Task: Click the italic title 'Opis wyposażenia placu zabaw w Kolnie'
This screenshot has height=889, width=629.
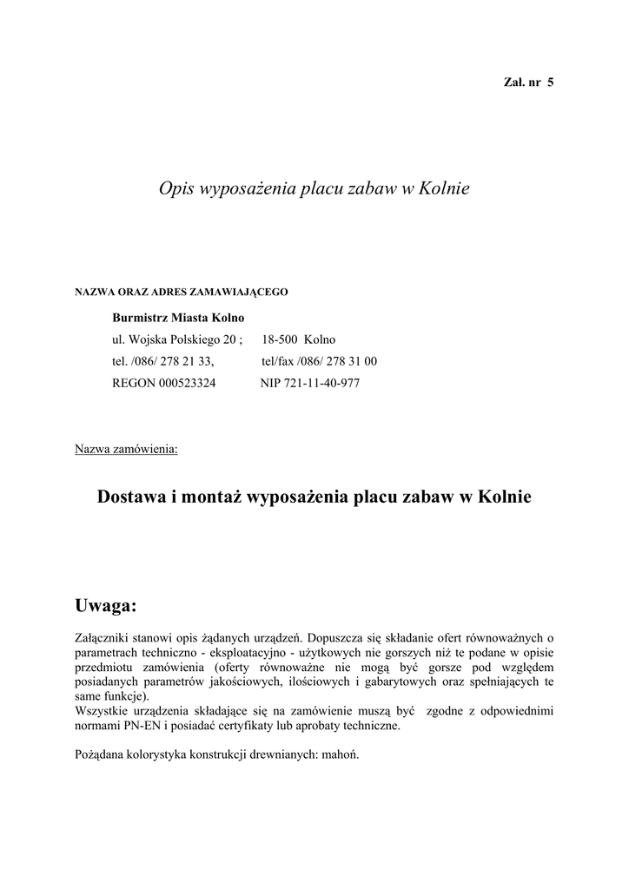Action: pyautogui.click(x=314, y=188)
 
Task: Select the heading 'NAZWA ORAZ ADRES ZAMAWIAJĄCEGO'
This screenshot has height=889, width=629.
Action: pyautogui.click(x=181, y=292)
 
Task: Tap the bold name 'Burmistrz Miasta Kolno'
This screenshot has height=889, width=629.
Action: pyautogui.click(x=178, y=318)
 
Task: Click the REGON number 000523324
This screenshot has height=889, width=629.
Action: pyautogui.click(x=187, y=383)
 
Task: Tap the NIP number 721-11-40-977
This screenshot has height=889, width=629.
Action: pyautogui.click(x=321, y=383)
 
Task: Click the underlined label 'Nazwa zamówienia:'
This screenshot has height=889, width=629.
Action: pyautogui.click(x=127, y=450)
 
